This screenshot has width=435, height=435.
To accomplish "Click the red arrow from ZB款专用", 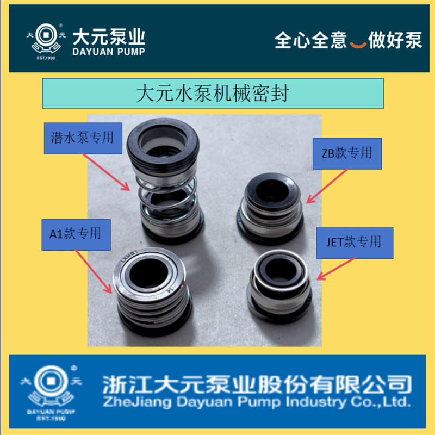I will click(x=326, y=185).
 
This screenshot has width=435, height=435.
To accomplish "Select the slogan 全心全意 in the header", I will click(x=310, y=41).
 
